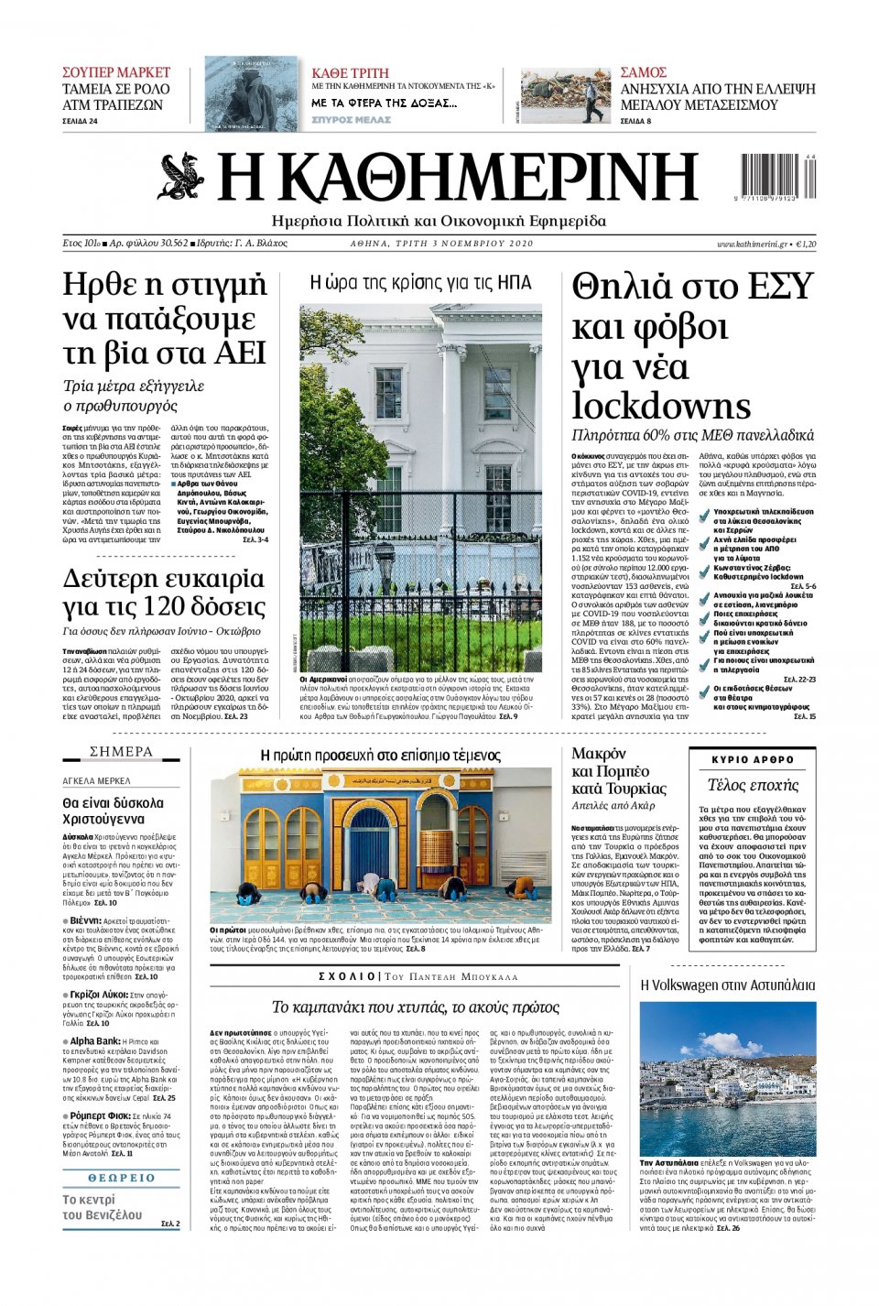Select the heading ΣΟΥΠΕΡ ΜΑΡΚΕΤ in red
[x=116, y=72]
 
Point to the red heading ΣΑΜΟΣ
[x=643, y=72]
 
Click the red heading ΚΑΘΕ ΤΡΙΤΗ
[x=350, y=73]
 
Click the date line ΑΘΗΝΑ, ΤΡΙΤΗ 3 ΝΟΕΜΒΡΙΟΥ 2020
[x=441, y=244]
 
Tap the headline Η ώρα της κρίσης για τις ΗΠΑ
[x=420, y=283]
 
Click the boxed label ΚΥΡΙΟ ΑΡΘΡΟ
[x=753, y=760]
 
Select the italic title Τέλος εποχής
[x=753, y=785]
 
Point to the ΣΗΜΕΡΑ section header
[x=121, y=752]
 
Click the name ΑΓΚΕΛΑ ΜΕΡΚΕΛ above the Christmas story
[x=96, y=781]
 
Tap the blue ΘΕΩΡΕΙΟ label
[x=121, y=1178]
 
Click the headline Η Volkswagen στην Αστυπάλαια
[x=727, y=985]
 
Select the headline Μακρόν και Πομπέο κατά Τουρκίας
[x=619, y=771]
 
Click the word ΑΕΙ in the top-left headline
[x=239, y=353]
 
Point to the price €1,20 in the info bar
[x=806, y=244]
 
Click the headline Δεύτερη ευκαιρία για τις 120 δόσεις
[x=164, y=593]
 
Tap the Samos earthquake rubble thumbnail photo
[x=565, y=96]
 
